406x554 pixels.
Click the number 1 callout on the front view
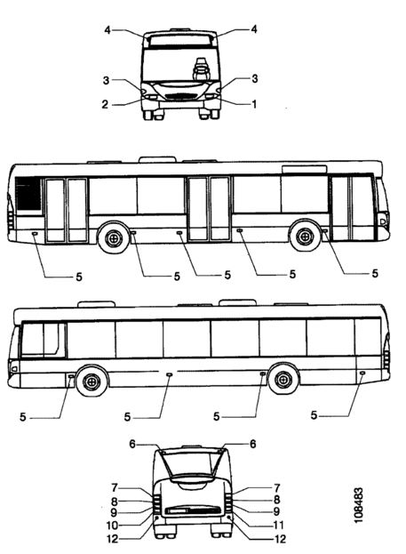[x=253, y=104]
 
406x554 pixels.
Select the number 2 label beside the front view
[x=105, y=105]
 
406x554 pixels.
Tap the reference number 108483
[x=359, y=506]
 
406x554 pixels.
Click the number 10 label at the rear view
[x=112, y=526]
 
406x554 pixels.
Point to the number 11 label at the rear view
[x=278, y=525]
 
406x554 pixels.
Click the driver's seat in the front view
[x=200, y=70]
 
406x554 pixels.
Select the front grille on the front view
[x=181, y=96]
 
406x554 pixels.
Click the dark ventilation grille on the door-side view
[x=28, y=193]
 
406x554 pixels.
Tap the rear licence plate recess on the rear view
[x=192, y=510]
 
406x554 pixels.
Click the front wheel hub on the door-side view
[x=305, y=237]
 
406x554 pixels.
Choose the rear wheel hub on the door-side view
[x=114, y=238]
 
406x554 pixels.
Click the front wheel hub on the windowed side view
[x=92, y=381]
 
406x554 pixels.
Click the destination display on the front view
[x=180, y=40]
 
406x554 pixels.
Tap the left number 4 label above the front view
[x=107, y=30]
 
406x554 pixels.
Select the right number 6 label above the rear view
[x=253, y=444]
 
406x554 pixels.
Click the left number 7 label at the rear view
[x=114, y=488]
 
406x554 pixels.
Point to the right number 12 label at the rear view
[x=280, y=539]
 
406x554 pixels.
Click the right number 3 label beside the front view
[x=255, y=78]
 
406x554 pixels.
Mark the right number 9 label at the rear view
[x=277, y=511]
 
